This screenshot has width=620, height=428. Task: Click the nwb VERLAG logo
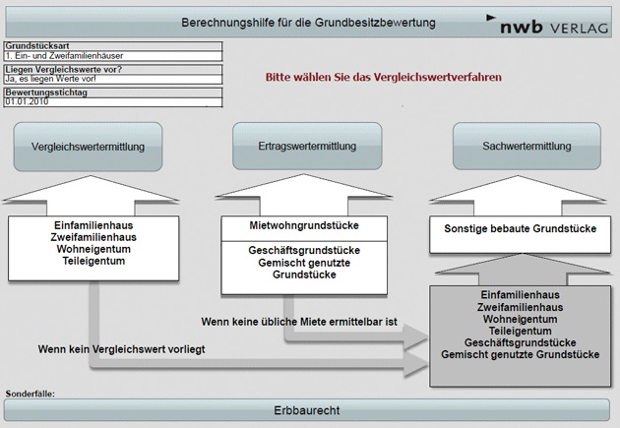coord(549,21)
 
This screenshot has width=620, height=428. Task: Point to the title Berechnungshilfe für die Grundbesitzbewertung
coord(309,21)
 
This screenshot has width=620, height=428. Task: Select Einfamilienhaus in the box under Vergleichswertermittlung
coord(94,225)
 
